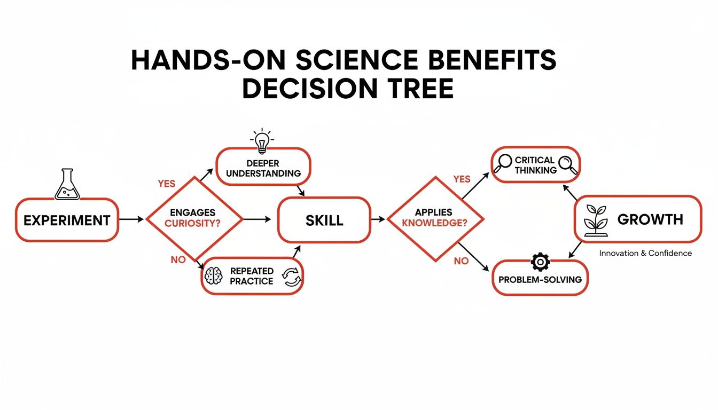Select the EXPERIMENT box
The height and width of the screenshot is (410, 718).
tap(67, 219)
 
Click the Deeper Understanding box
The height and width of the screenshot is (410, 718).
tap(263, 167)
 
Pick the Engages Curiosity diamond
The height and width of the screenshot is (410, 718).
tap(194, 219)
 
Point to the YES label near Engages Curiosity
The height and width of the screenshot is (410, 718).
tap(166, 184)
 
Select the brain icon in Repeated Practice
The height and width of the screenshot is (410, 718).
tap(214, 276)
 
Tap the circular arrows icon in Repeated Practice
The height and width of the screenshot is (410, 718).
tap(292, 277)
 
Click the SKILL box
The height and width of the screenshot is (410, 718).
tap(324, 219)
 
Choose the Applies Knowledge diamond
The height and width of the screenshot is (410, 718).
tap(434, 219)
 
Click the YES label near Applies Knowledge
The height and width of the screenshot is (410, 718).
tap(462, 179)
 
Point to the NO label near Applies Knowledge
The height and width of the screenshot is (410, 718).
tap(461, 261)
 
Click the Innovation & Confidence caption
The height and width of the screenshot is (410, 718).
tap(645, 253)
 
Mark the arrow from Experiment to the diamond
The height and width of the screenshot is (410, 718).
tap(131, 219)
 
